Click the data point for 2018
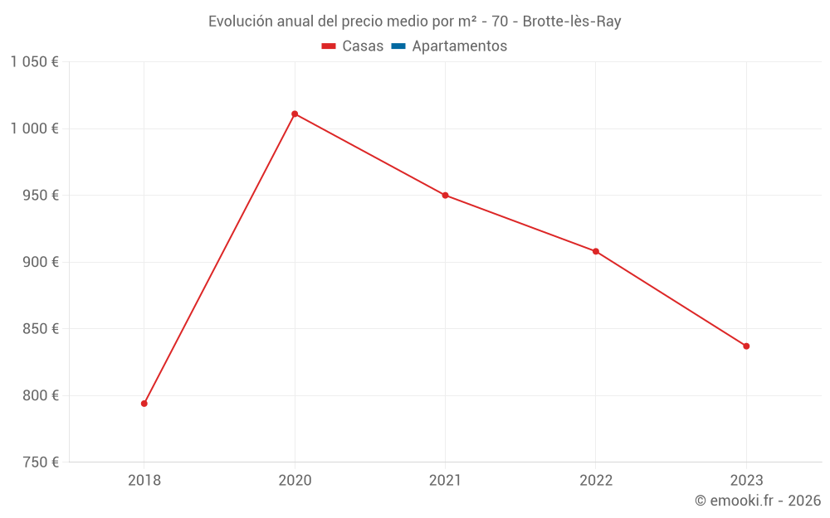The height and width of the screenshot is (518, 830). pos(144,404)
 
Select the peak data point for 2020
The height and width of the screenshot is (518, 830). pos(295,114)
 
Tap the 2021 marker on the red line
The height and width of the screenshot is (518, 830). pos(445,196)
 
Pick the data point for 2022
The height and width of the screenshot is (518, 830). pos(596,251)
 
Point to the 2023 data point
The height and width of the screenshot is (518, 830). pos(746,346)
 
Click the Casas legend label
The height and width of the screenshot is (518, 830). pos(363,46)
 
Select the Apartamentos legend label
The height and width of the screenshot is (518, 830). pos(459,46)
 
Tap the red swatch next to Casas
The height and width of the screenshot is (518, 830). pos(329,46)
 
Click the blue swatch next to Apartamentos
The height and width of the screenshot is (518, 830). pos(398,46)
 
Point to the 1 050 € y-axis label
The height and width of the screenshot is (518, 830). pos(34,62)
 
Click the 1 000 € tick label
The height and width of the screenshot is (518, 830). pos(34,128)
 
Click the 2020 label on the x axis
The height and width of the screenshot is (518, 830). pos(295,481)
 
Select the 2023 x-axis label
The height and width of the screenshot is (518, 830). pos(746,481)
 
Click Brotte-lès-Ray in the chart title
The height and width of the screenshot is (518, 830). pos(572,22)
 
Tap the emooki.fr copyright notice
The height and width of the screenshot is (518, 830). pos(758,501)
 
